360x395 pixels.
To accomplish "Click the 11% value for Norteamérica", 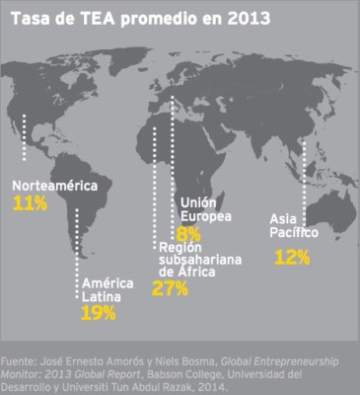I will tap(31, 203).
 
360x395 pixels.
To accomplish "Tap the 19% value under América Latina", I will tap(99, 312).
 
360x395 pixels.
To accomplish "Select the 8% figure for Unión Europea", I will tap(189, 234).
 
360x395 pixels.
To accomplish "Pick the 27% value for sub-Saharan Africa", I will tap(170, 288).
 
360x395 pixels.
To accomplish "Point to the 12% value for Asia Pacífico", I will tap(292, 257).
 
